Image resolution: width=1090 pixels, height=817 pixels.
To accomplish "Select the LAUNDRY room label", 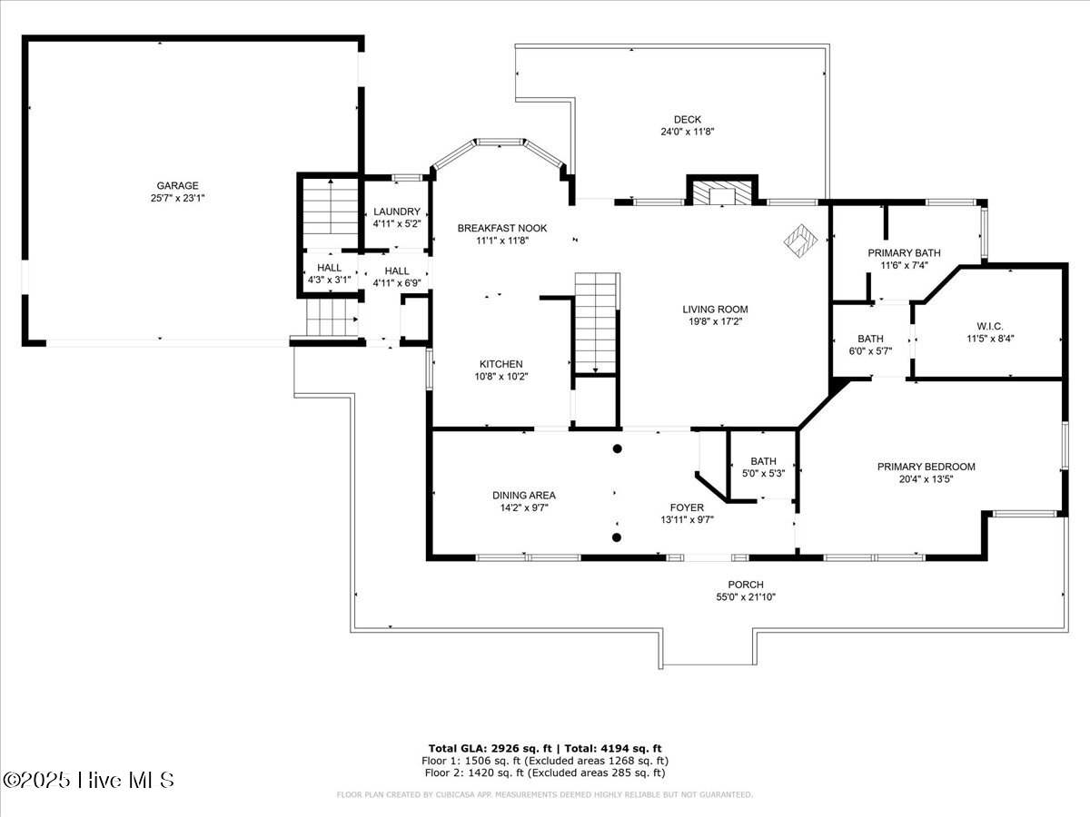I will click(x=397, y=212).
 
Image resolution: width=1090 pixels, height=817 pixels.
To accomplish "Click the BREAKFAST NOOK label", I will click(x=501, y=228).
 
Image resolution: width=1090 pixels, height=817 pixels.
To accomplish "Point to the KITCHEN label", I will click(x=501, y=364).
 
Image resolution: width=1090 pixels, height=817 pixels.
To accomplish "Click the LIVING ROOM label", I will click(x=715, y=309).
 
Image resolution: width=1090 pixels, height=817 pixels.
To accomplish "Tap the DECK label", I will click(x=687, y=119).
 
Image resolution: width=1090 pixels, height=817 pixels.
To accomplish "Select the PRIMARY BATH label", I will click(x=904, y=253).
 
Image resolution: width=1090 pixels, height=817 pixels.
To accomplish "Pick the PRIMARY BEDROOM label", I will click(x=926, y=467).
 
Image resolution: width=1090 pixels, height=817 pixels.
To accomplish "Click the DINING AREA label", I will click(x=524, y=495).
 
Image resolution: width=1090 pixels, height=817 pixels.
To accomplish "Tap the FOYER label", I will click(x=687, y=507).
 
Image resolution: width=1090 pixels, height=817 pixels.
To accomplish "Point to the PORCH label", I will click(x=745, y=585).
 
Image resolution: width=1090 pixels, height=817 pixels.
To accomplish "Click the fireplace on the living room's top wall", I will click(x=721, y=192).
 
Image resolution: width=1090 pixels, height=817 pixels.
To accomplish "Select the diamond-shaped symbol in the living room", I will click(x=801, y=241).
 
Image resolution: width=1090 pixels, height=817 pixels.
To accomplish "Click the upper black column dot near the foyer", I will click(x=617, y=448).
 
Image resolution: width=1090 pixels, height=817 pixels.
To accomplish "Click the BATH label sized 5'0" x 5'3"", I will click(x=763, y=461).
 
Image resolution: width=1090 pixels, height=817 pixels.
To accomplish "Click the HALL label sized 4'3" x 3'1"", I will click(x=329, y=268).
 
